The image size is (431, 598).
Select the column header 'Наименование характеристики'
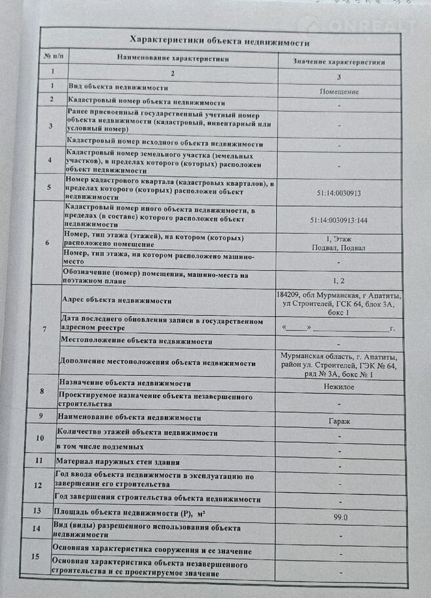[x=173, y=58]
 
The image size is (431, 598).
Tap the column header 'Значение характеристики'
[x=339, y=62]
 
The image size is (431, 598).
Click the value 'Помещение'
[x=339, y=92]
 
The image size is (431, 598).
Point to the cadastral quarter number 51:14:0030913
[x=339, y=193]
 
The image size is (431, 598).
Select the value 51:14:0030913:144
[x=339, y=221]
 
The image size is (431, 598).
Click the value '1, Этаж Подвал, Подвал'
[x=339, y=243]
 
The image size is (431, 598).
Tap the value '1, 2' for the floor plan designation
[x=339, y=280]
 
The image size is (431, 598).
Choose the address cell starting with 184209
[x=339, y=304]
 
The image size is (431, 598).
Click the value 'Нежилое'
[x=339, y=388]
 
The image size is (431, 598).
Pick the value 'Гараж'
[x=339, y=421]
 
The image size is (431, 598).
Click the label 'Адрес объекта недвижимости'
[x=117, y=300]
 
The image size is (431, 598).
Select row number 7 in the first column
[x=44, y=328]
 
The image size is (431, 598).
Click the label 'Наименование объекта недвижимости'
[x=129, y=417]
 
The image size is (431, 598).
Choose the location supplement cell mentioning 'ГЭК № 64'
[x=339, y=365]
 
